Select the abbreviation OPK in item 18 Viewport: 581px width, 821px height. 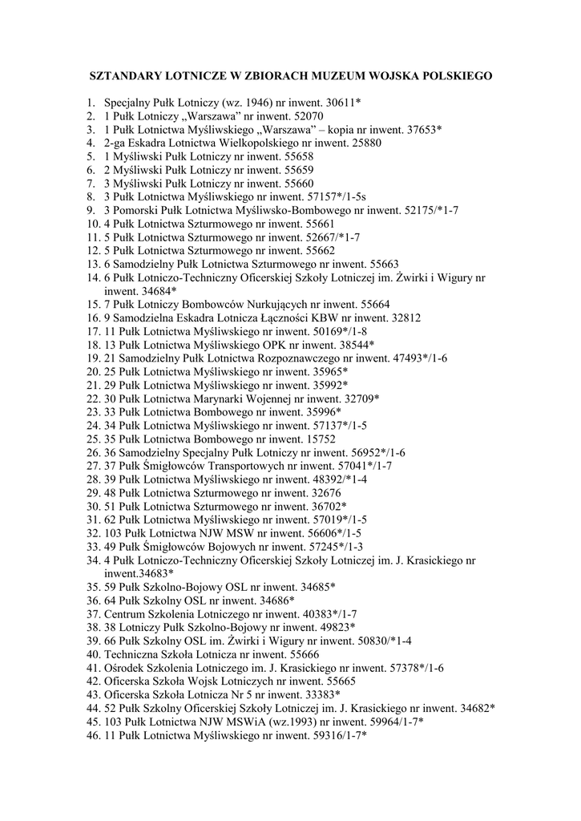pos(284,345)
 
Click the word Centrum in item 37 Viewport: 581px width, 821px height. pos(126,613)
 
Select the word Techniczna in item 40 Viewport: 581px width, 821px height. pos(133,654)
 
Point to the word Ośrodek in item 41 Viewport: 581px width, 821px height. pos(126,667)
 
